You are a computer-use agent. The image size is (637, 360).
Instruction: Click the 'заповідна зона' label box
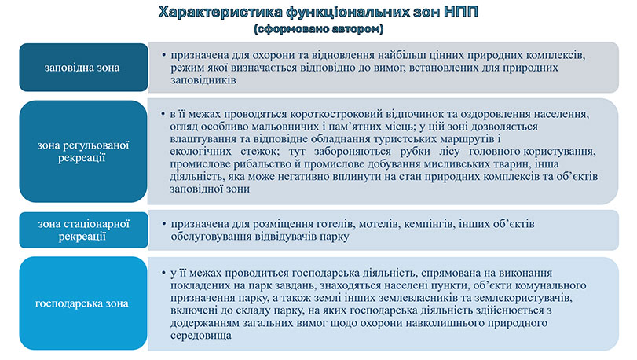point(82,68)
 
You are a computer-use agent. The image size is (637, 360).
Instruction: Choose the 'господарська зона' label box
point(82,303)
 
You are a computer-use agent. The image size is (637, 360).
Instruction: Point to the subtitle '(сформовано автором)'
point(318,29)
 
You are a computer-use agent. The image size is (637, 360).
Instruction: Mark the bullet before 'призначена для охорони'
point(161,56)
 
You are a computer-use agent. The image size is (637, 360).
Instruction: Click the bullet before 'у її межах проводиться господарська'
point(161,273)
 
